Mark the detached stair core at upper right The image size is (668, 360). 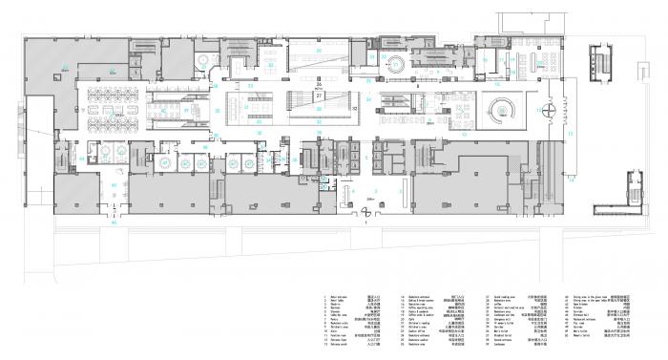[602, 62]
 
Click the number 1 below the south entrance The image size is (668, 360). [365, 225]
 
